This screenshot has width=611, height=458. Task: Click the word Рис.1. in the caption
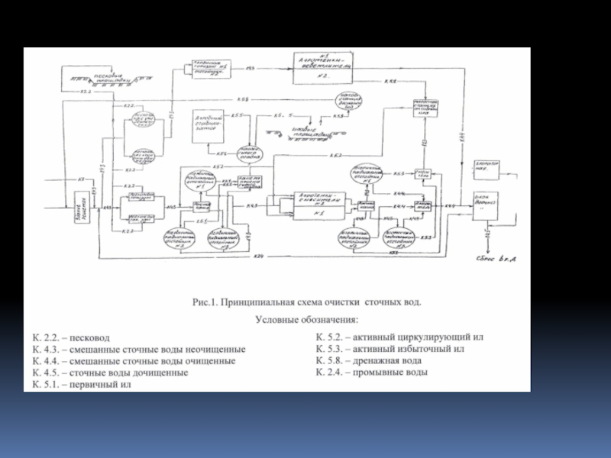(x=204, y=302)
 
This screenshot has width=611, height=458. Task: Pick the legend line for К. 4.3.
(x=138, y=349)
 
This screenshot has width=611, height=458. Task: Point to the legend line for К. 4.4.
(x=134, y=361)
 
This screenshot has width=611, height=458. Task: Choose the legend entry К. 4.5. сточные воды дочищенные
(x=110, y=373)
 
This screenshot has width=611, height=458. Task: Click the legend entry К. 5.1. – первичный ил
(x=82, y=385)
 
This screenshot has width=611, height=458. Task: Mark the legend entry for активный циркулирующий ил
(x=399, y=337)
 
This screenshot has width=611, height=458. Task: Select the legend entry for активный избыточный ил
(x=390, y=349)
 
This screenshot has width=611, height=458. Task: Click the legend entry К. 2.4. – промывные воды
(x=372, y=373)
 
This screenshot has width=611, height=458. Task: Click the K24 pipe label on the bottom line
(x=259, y=256)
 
